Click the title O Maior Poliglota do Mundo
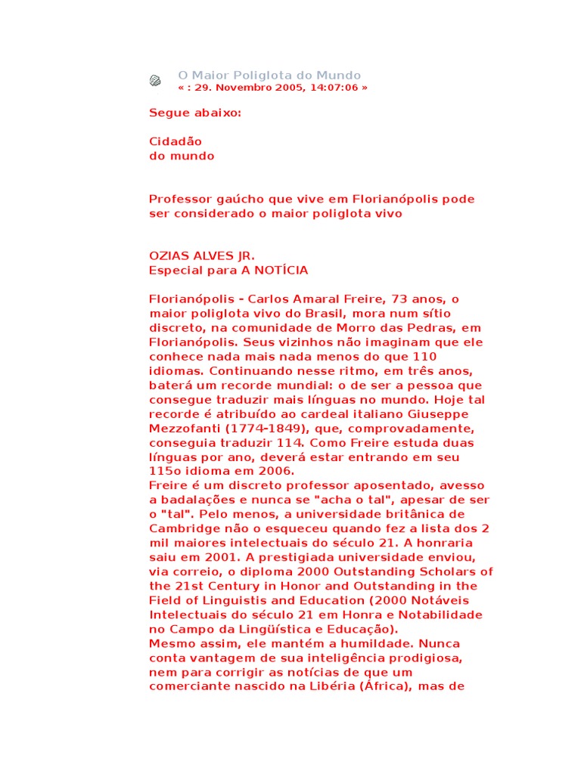pyautogui.click(x=269, y=76)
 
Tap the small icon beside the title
pyautogui.click(x=155, y=80)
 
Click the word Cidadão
pyautogui.click(x=176, y=141)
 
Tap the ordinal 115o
pyautogui.click(x=163, y=472)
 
